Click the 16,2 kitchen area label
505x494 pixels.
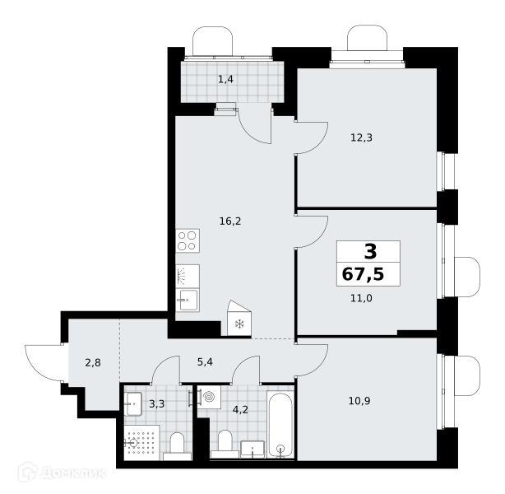point(230,221)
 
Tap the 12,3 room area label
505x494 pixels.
point(361,138)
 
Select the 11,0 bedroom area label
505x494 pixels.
point(361,299)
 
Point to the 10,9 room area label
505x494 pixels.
point(359,401)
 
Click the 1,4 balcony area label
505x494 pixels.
point(225,79)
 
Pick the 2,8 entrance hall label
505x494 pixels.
point(93,363)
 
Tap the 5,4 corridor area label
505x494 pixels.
point(205,362)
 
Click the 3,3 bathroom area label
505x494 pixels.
point(157,403)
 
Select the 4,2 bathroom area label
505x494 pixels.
point(240,410)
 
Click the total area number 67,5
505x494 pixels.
point(363,274)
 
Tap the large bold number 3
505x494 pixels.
point(370,251)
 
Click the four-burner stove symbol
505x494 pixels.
point(188,241)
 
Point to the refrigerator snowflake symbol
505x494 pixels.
point(239,324)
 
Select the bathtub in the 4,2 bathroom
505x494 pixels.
point(280,425)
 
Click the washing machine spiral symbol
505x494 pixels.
point(209,397)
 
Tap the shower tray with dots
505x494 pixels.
point(141,442)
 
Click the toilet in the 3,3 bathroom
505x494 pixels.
point(177,446)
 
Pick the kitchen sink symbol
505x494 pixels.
point(188,301)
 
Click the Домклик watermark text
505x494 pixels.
point(73,473)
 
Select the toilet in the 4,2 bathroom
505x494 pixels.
point(225,444)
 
